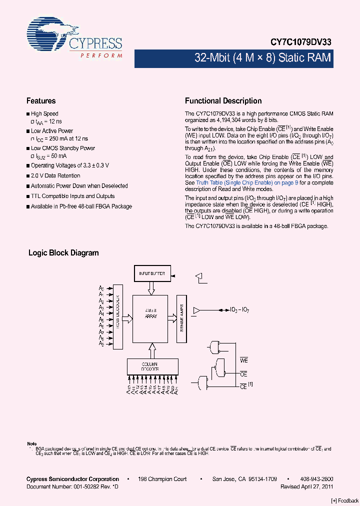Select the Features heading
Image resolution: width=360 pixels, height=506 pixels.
pyautogui.click(x=41, y=101)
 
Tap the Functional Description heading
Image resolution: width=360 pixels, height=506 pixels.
pyautogui.click(x=223, y=101)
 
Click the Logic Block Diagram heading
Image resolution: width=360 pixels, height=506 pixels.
pyautogui.click(x=63, y=253)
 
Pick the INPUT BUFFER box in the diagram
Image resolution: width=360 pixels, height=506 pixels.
pyautogui.click(x=152, y=273)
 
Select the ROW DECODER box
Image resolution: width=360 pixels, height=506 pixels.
pyautogui.click(x=118, y=316)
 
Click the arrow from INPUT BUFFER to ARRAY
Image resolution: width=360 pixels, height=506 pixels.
pyautogui.click(x=151, y=288)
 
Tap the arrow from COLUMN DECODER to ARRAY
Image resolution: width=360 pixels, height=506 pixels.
pyautogui.click(x=151, y=348)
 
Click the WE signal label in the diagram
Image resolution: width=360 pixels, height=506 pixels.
pyautogui.click(x=244, y=360)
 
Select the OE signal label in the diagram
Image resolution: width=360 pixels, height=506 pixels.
pyautogui.click(x=244, y=374)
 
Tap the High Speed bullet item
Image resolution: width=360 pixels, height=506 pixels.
pyautogui.click(x=44, y=114)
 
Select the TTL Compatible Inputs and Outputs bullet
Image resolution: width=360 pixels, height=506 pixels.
pyautogui.click(x=72, y=196)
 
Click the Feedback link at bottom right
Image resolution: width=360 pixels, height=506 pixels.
pyautogui.click(x=345, y=501)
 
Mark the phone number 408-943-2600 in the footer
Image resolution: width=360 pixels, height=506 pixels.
pyautogui.click(x=317, y=479)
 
